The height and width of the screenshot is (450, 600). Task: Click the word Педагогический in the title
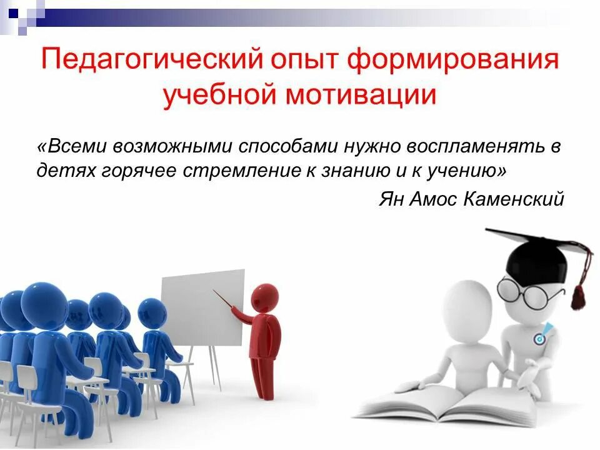point(145,61)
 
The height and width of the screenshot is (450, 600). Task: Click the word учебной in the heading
point(216,96)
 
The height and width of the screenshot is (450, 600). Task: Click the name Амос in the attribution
point(434,199)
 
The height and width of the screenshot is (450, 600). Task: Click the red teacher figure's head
point(265,297)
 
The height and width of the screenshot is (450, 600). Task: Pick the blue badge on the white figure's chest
point(539,337)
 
